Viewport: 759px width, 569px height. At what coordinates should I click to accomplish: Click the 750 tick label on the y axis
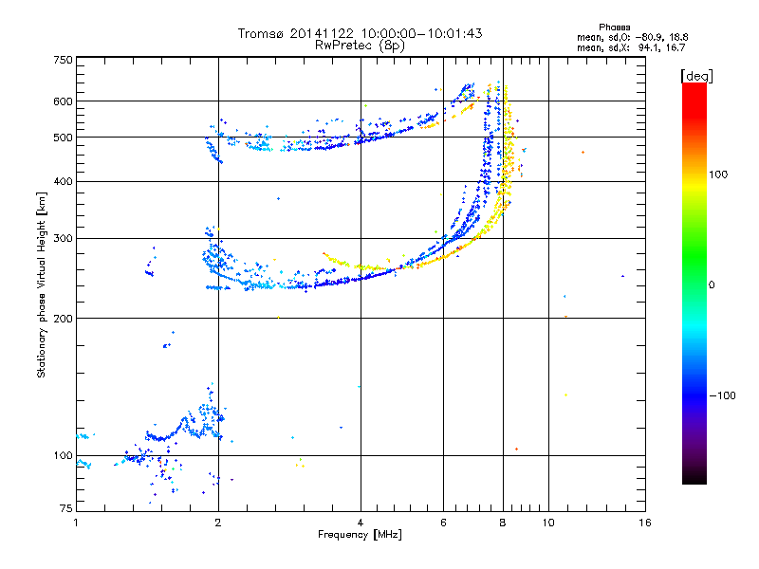pyautogui.click(x=63, y=60)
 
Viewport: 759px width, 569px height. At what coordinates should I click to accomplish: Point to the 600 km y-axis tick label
pyautogui.click(x=63, y=101)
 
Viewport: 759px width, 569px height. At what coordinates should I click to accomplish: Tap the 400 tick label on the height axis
pyautogui.click(x=63, y=181)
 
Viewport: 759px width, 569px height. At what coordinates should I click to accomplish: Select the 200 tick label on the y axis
pyautogui.click(x=63, y=319)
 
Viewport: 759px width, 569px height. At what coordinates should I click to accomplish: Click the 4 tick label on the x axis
pyautogui.click(x=361, y=523)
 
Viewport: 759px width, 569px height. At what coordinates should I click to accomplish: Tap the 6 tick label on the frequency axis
pyautogui.click(x=443, y=523)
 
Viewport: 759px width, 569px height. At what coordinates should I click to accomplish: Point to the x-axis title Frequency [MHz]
pyautogui.click(x=360, y=535)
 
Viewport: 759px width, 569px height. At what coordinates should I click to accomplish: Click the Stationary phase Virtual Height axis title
pyautogui.click(x=42, y=284)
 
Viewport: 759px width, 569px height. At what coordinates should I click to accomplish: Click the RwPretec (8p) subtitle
pyautogui.click(x=360, y=44)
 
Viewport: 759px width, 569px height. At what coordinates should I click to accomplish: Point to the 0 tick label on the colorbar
pyautogui.click(x=712, y=284)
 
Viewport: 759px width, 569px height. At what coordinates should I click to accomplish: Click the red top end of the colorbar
pyautogui.click(x=694, y=87)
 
